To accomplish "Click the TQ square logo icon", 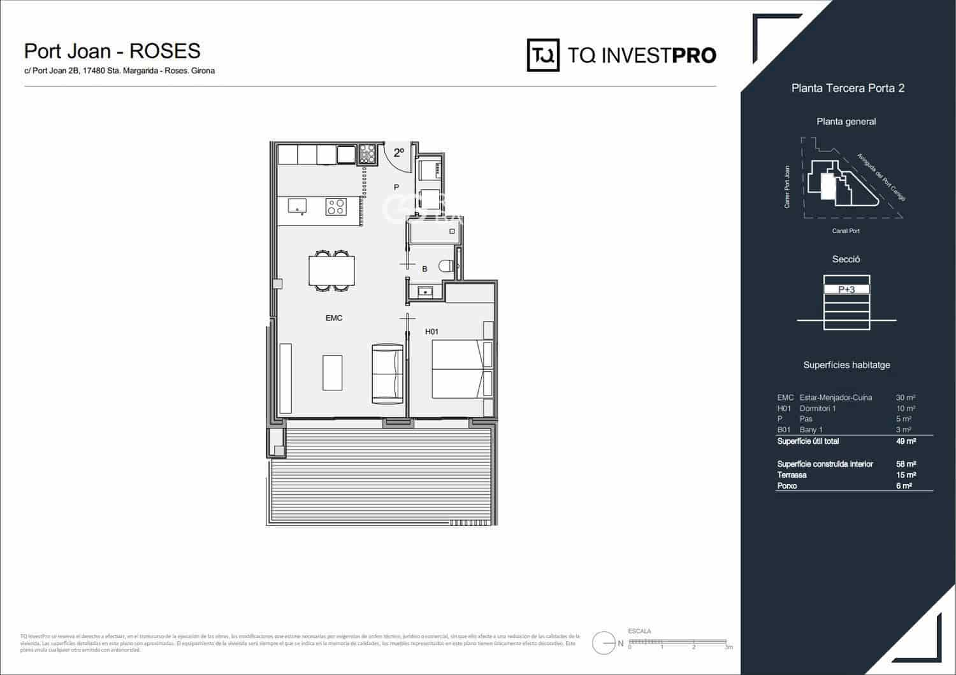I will [543, 55].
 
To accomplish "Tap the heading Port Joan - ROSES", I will [112, 51].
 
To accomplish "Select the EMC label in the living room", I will [334, 318].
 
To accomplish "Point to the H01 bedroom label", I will [431, 331].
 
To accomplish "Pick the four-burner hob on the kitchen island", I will [336, 206].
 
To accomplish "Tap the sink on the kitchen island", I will [297, 206].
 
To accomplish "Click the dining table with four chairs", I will [331, 270].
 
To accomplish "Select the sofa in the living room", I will [387, 373].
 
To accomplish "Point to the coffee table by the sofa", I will [332, 373].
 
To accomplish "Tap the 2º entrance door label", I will [399, 153].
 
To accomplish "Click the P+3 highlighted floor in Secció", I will [846, 289].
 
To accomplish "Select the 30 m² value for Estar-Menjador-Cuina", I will [905, 397].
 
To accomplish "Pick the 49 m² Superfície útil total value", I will [906, 441].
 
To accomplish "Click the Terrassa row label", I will [792, 475].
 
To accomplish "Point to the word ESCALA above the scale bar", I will [640, 631].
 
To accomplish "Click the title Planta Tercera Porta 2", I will [848, 89].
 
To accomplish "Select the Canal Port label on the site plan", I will [846, 231].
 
